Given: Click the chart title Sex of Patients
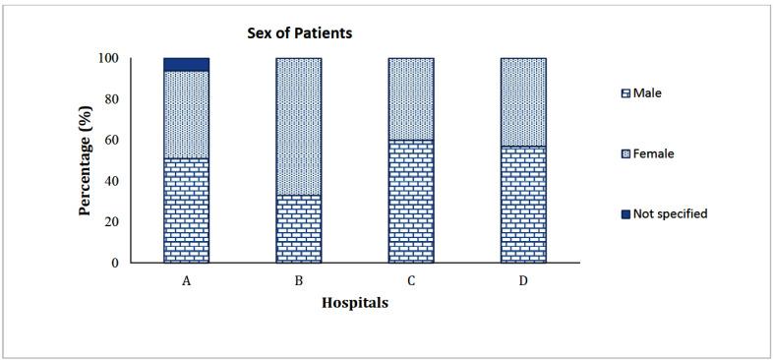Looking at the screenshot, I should (299, 33).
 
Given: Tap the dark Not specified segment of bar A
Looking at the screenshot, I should (186, 65).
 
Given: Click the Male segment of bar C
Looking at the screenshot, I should (411, 201).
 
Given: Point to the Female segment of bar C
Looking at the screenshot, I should (411, 98).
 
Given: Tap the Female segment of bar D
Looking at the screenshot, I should (523, 102).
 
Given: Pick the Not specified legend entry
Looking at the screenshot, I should (665, 213).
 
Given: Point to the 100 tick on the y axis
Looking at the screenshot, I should (138, 58).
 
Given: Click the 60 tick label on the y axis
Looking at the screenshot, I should (141, 140).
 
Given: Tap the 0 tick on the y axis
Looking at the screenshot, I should (145, 263).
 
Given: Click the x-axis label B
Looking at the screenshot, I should (299, 280).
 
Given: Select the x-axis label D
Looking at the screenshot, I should (523, 280).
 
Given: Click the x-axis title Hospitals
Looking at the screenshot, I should (355, 303).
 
